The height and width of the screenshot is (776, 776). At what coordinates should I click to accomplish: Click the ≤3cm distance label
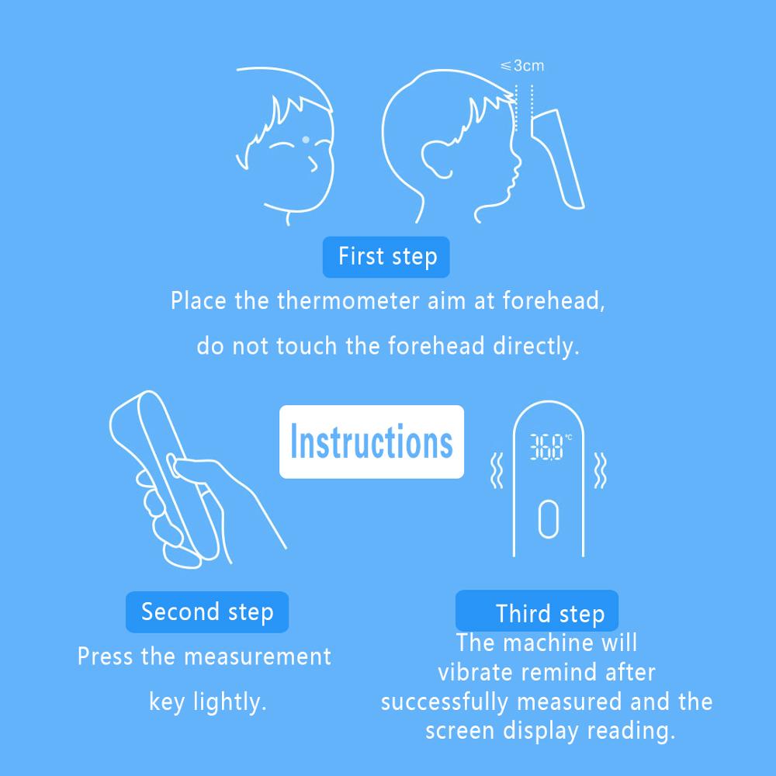521,65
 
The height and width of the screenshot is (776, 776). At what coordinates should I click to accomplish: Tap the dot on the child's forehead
306,140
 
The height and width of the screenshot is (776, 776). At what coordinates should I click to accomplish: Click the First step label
386,257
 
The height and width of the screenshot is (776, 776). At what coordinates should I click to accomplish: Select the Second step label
207,611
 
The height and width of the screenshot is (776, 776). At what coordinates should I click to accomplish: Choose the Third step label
537,611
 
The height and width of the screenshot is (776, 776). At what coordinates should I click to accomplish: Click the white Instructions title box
372,442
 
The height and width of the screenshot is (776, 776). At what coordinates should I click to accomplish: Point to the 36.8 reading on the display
546,447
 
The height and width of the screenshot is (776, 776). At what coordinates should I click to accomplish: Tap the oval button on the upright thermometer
549,518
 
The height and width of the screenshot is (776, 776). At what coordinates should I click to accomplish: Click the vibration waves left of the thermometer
497,470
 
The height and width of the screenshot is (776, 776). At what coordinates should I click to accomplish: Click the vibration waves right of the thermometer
600,470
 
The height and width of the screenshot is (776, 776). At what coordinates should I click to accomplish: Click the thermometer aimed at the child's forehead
557,158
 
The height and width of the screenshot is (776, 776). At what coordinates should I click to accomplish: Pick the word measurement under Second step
257,656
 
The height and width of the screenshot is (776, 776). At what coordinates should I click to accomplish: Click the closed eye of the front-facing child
280,146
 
